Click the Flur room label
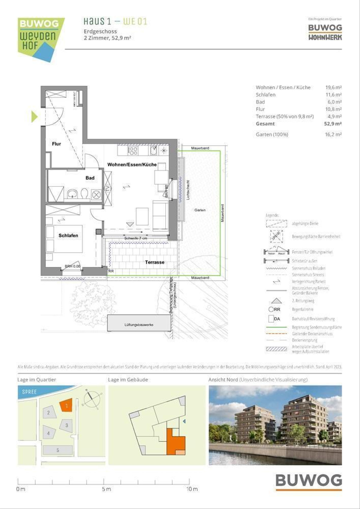pos(56,144)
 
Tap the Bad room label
pos(90,178)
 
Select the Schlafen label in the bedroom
pos(68,235)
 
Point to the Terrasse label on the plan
pos(154,262)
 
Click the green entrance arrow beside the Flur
pos(34,116)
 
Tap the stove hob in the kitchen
pos(133,150)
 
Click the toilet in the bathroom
pos(84,193)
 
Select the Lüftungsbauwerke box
pos(139,324)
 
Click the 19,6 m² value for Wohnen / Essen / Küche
pos(333,88)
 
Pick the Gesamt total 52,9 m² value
pos(333,124)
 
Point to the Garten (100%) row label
pos(272,134)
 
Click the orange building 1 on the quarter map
pos(66,405)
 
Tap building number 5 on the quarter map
pos(58,450)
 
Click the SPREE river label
pos(29,392)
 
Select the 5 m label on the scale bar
pos(106,489)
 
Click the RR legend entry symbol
pos(271,309)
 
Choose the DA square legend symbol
pos(271,319)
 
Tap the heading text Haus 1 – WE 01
pos(115,22)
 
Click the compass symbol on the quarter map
pos(92,399)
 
